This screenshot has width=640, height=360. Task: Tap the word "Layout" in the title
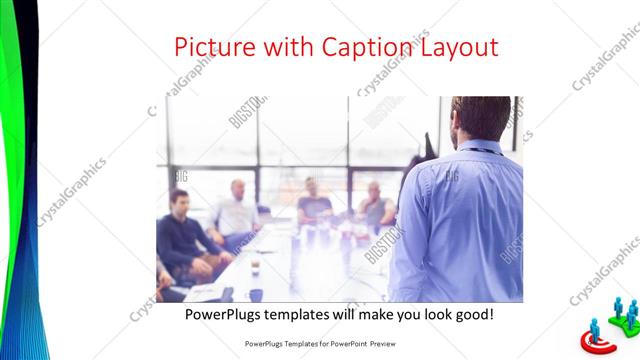pos(459,47)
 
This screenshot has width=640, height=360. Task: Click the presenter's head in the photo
pos(481,118)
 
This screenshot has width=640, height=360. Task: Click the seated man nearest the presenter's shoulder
pos(376,205)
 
